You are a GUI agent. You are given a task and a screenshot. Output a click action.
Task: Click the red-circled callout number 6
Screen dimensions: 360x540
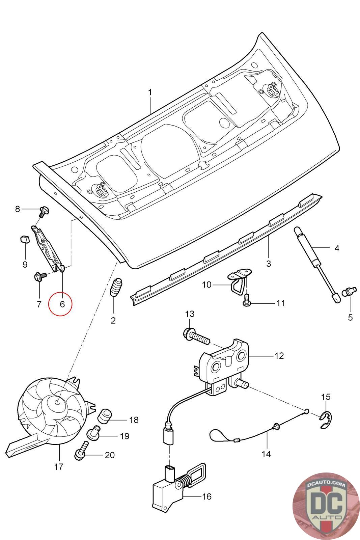(62, 304)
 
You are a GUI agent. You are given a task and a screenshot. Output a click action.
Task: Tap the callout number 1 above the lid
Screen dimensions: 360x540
(150, 92)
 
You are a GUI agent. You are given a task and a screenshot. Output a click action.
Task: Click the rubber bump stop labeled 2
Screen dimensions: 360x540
(116, 288)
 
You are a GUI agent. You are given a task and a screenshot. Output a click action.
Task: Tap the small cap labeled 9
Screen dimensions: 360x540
(24, 240)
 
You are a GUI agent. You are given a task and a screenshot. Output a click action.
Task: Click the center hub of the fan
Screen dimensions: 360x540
(58, 402)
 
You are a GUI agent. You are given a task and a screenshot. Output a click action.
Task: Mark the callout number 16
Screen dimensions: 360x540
(206, 496)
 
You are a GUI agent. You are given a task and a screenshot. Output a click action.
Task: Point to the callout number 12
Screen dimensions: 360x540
(279, 356)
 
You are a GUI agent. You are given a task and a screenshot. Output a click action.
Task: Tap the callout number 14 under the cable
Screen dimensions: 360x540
(266, 454)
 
